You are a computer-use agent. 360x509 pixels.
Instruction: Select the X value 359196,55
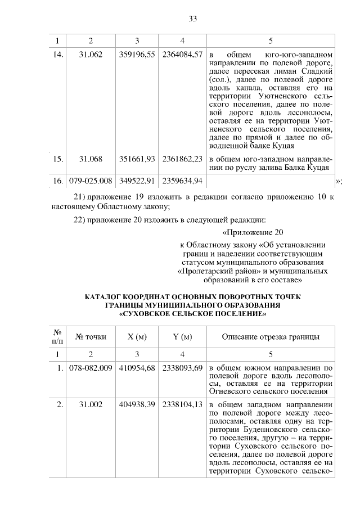pyautogui.click(x=137, y=55)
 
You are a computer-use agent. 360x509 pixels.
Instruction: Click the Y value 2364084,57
pyautogui.click(x=182, y=55)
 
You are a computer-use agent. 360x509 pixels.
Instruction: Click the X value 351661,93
pyautogui.click(x=137, y=159)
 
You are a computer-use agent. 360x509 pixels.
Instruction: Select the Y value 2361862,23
pyautogui.click(x=182, y=159)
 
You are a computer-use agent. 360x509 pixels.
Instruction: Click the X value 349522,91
pyautogui.click(x=137, y=181)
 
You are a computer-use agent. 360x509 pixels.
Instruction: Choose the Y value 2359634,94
pyautogui.click(x=182, y=181)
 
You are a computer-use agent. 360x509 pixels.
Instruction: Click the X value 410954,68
pyautogui.click(x=137, y=368)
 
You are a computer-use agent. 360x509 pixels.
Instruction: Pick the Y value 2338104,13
pyautogui.click(x=182, y=404)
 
